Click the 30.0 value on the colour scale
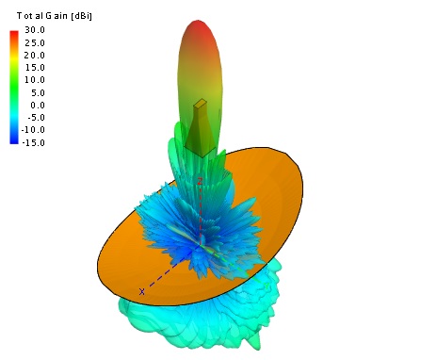[x=35, y=30]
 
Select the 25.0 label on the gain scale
[x=35, y=42]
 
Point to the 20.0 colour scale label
[x=35, y=56]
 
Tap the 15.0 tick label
[x=35, y=68]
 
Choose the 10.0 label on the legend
[x=35, y=80]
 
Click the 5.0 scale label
[x=38, y=92]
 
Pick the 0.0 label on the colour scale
[x=38, y=106]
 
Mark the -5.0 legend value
[x=37, y=118]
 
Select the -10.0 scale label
[x=33, y=130]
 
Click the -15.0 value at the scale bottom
[x=33, y=142]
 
